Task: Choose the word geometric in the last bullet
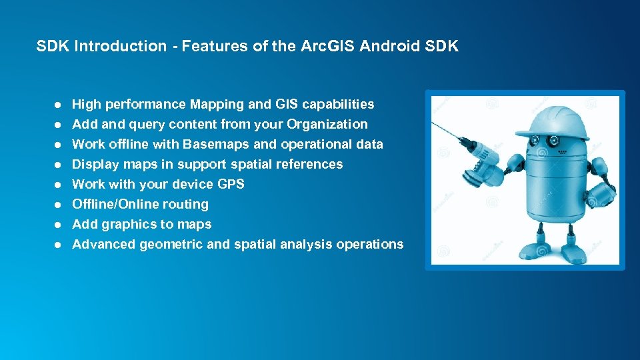click(x=171, y=245)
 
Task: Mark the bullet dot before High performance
click(x=59, y=105)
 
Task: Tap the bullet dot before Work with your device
click(x=59, y=185)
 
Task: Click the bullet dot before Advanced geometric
click(x=59, y=245)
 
